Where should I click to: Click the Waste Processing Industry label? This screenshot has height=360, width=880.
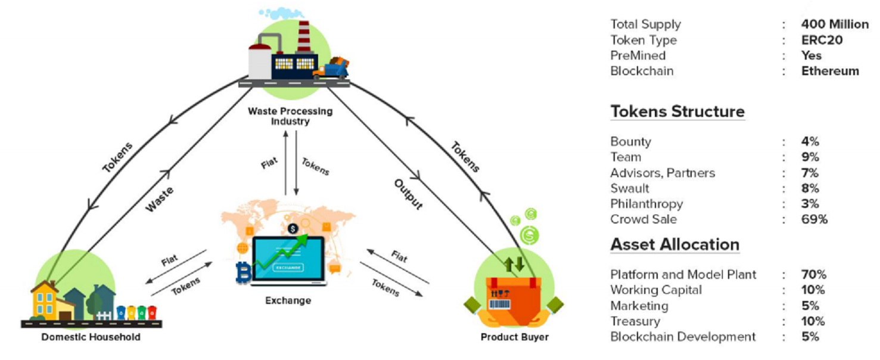pyautogui.click(x=290, y=116)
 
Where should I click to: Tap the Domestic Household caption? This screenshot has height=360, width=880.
pyautogui.click(x=91, y=337)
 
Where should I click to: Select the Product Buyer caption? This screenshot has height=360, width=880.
pyautogui.click(x=514, y=337)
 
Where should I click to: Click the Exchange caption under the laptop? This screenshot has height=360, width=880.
pyautogui.click(x=288, y=300)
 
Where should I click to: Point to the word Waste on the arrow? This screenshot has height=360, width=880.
pyautogui.click(x=160, y=199)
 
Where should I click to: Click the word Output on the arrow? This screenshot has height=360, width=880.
pyautogui.click(x=409, y=194)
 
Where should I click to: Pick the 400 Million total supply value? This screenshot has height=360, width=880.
pyautogui.click(x=835, y=24)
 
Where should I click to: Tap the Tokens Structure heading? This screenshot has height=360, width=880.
pyautogui.click(x=677, y=111)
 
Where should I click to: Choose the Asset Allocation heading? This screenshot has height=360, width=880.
pyautogui.click(x=674, y=244)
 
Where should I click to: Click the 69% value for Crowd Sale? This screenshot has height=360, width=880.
pyautogui.click(x=814, y=219)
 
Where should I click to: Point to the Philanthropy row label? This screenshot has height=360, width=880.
pyautogui.click(x=646, y=204)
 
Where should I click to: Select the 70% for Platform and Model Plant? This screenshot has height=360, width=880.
pyautogui.click(x=813, y=275)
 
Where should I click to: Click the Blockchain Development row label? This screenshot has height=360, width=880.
pyautogui.click(x=683, y=337)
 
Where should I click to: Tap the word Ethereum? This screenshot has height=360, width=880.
pyautogui.click(x=830, y=71)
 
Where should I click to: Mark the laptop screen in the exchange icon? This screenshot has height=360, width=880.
pyautogui.click(x=288, y=259)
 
